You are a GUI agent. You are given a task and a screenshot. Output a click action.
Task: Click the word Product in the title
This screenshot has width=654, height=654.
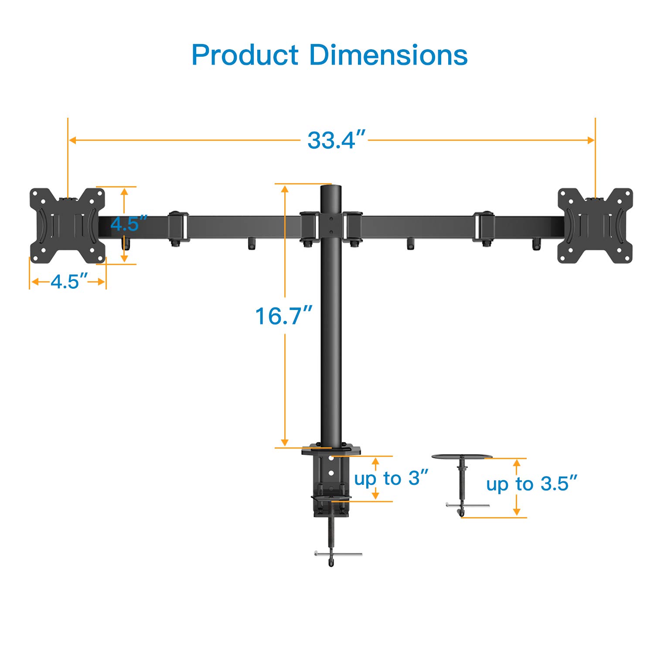(245, 55)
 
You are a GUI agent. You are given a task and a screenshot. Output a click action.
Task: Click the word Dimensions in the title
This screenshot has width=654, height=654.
(388, 55)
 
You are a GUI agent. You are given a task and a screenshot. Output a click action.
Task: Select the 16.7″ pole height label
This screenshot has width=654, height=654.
(283, 316)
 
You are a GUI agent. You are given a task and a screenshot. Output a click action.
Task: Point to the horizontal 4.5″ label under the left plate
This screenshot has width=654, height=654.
(69, 282)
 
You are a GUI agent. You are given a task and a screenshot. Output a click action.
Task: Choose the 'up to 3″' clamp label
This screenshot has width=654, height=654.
(391, 479)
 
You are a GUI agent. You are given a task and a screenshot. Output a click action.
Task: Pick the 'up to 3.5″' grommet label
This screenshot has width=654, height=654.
(532, 484)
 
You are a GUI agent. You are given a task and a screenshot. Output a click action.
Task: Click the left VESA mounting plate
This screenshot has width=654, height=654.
(68, 226)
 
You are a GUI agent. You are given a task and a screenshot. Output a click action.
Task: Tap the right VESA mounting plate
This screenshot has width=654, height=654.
(595, 226)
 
